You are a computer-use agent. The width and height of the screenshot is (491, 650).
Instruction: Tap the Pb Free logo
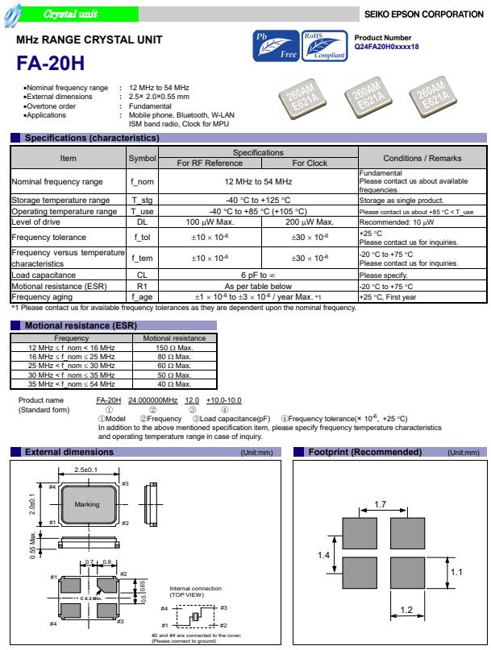pos(277,47)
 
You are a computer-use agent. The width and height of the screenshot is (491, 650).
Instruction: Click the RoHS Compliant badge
pos(324,47)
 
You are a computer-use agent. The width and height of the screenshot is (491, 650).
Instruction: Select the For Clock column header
pos(310,163)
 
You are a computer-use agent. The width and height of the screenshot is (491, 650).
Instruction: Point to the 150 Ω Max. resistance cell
pos(173,347)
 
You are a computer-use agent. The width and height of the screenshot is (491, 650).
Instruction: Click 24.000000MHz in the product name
pos(153,400)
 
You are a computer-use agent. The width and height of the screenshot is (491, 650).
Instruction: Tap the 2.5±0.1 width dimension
pos(85,469)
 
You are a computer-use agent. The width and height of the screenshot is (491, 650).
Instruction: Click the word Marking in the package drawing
pos(86,503)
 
